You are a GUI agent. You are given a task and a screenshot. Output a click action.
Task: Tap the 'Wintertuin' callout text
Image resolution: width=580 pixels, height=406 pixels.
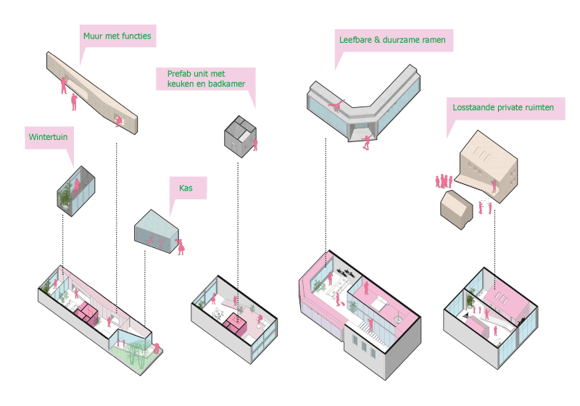click(47, 136)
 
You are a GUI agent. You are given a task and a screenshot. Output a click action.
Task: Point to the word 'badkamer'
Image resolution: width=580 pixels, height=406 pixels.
click(225, 84)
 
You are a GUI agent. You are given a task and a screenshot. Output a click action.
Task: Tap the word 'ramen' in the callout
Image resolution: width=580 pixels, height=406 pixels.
click(431, 39)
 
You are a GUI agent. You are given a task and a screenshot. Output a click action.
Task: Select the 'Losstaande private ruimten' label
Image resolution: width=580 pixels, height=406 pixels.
click(503, 107)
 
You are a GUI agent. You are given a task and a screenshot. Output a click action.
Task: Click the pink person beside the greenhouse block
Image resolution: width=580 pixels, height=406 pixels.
click(181, 245)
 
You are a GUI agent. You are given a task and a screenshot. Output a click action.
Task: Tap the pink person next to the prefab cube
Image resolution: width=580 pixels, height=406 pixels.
click(256, 144)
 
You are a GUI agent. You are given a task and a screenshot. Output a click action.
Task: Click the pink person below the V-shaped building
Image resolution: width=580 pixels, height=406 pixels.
click(368, 141)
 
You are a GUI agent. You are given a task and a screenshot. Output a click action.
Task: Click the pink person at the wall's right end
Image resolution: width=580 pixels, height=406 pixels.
click(119, 120)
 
